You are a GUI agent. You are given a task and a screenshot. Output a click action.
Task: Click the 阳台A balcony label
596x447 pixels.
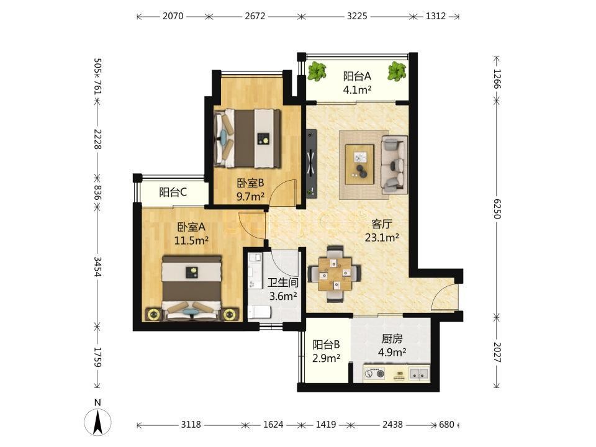tap(357, 76)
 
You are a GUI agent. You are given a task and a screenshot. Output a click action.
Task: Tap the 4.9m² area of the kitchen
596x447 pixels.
tap(392, 353)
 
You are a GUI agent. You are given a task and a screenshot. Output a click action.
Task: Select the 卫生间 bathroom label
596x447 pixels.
tap(283, 282)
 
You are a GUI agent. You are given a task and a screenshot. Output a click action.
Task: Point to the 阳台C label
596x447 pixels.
tap(173, 192)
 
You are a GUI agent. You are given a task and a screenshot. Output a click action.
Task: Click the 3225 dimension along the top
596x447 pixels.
tap(357, 16)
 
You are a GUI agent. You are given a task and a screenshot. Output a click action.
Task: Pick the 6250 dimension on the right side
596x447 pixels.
tap(497, 209)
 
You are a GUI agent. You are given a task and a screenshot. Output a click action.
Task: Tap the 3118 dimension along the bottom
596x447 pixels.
tap(191, 424)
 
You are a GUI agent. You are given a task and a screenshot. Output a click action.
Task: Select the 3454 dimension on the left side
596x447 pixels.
tap(97, 267)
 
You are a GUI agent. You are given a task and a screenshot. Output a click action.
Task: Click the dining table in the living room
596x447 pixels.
tap(335, 274)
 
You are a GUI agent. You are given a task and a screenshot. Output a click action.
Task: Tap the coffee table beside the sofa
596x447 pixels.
tap(359, 165)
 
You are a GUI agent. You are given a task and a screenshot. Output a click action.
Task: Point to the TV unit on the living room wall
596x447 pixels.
tap(312, 164)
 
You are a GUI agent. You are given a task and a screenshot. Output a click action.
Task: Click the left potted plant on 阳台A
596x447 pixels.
tap(317, 72)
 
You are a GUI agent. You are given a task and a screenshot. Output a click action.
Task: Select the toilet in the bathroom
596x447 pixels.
tap(260, 312)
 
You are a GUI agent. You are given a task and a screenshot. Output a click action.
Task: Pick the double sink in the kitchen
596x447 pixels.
tap(419, 374)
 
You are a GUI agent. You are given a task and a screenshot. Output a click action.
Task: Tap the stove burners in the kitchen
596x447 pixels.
tap(374, 374)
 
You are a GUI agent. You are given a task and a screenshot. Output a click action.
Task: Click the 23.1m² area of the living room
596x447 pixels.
tap(382, 238)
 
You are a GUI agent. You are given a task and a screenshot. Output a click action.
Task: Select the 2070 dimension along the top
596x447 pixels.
tap(173, 16)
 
